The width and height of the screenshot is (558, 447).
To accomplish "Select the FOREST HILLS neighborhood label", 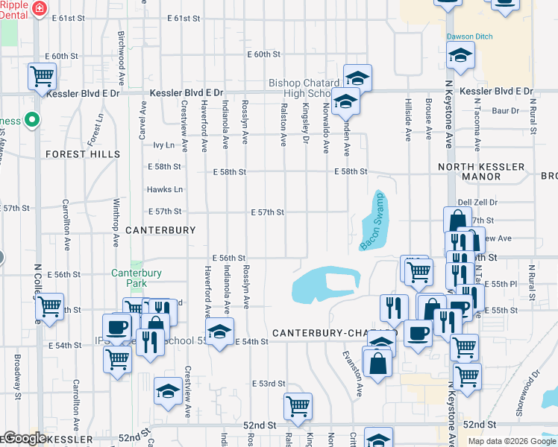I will pyautogui.click(x=83, y=154).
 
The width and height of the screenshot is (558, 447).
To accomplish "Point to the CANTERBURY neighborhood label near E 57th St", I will pyautogui.click(x=160, y=230).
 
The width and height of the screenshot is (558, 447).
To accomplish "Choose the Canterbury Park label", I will pyautogui.click(x=137, y=278).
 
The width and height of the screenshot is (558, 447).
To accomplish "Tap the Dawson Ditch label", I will pyautogui.click(x=469, y=36).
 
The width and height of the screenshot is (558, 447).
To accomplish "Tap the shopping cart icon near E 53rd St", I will pyautogui.click(x=298, y=406).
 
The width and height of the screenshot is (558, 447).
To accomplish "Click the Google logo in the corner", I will pyautogui.click(x=24, y=438).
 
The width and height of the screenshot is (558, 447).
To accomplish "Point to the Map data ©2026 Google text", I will pyautogui.click(x=511, y=441).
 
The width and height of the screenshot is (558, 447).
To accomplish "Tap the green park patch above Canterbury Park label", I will pyautogui.click(x=136, y=264).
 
